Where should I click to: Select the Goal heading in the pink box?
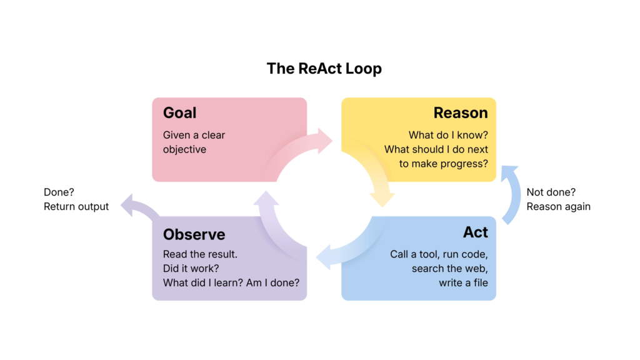[179, 113]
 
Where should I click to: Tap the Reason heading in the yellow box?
[461, 113]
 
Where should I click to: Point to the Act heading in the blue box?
[475, 232]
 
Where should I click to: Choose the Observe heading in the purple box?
[194, 234]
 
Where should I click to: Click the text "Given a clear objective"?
[194, 142]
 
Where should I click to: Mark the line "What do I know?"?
[448, 135]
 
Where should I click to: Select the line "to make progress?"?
[444, 164]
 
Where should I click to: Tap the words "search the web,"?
[449, 269]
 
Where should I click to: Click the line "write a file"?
[463, 283]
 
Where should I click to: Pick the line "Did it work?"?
[191, 268]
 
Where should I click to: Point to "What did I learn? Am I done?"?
[231, 282]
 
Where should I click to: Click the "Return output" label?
[76, 206]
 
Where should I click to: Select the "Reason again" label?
[558, 206]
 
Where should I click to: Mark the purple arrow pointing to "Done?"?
[139, 207]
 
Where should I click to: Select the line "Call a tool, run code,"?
[439, 254]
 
